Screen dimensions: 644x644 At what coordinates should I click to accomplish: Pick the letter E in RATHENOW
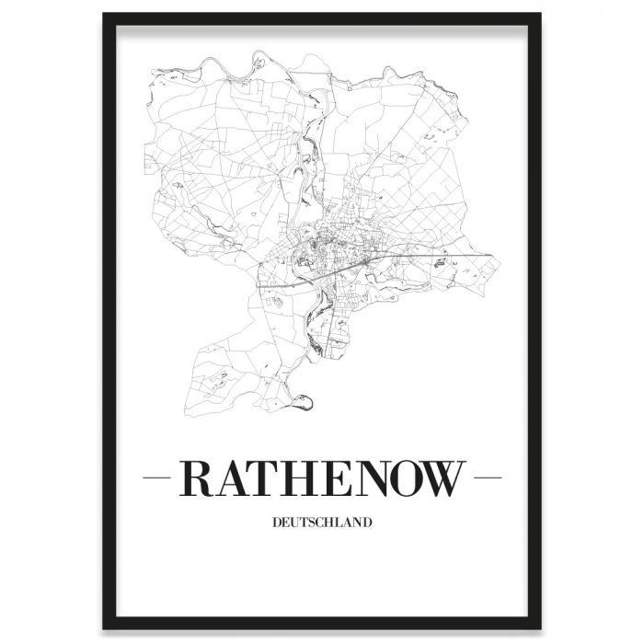pyautogui.click(x=337, y=478)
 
